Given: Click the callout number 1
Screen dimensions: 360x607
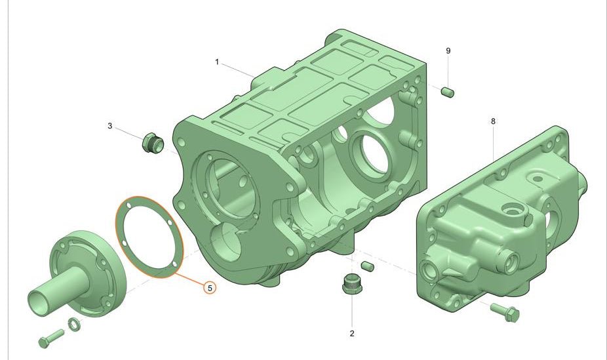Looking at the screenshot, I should pos(216,62).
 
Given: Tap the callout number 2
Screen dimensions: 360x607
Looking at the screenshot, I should pos(351,333).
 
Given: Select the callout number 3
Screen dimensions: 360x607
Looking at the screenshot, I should pos(110,125).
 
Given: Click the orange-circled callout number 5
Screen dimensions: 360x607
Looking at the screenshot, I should pos(209,287).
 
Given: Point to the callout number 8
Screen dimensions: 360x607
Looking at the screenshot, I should pos(492,121).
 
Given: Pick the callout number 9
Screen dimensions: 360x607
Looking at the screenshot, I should pos(448,50).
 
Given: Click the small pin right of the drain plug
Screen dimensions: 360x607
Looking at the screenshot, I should pos(368,266).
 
